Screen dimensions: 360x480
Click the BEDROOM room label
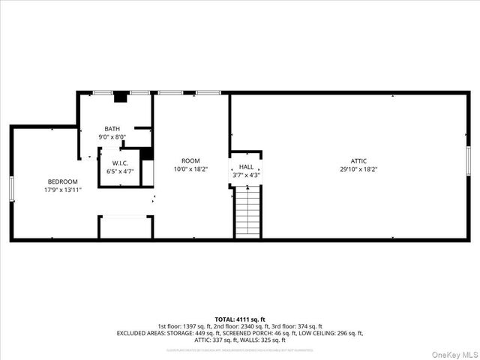(x=63, y=181)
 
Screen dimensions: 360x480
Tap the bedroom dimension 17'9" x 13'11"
(x=63, y=190)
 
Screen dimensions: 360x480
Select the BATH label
(x=112, y=129)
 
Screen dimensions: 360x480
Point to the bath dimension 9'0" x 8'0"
(x=112, y=137)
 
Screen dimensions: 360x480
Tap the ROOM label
(x=190, y=160)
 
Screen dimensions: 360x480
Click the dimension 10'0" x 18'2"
(x=190, y=169)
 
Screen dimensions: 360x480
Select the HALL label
(x=246, y=167)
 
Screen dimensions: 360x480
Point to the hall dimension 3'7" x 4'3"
(x=246, y=175)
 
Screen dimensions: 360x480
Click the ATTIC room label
(x=358, y=160)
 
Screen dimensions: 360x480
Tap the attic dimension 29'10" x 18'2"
(x=358, y=169)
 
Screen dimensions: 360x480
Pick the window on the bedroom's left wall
(x=11, y=189)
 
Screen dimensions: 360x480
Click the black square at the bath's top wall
(x=119, y=97)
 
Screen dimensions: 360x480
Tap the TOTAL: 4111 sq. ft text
(x=240, y=319)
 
